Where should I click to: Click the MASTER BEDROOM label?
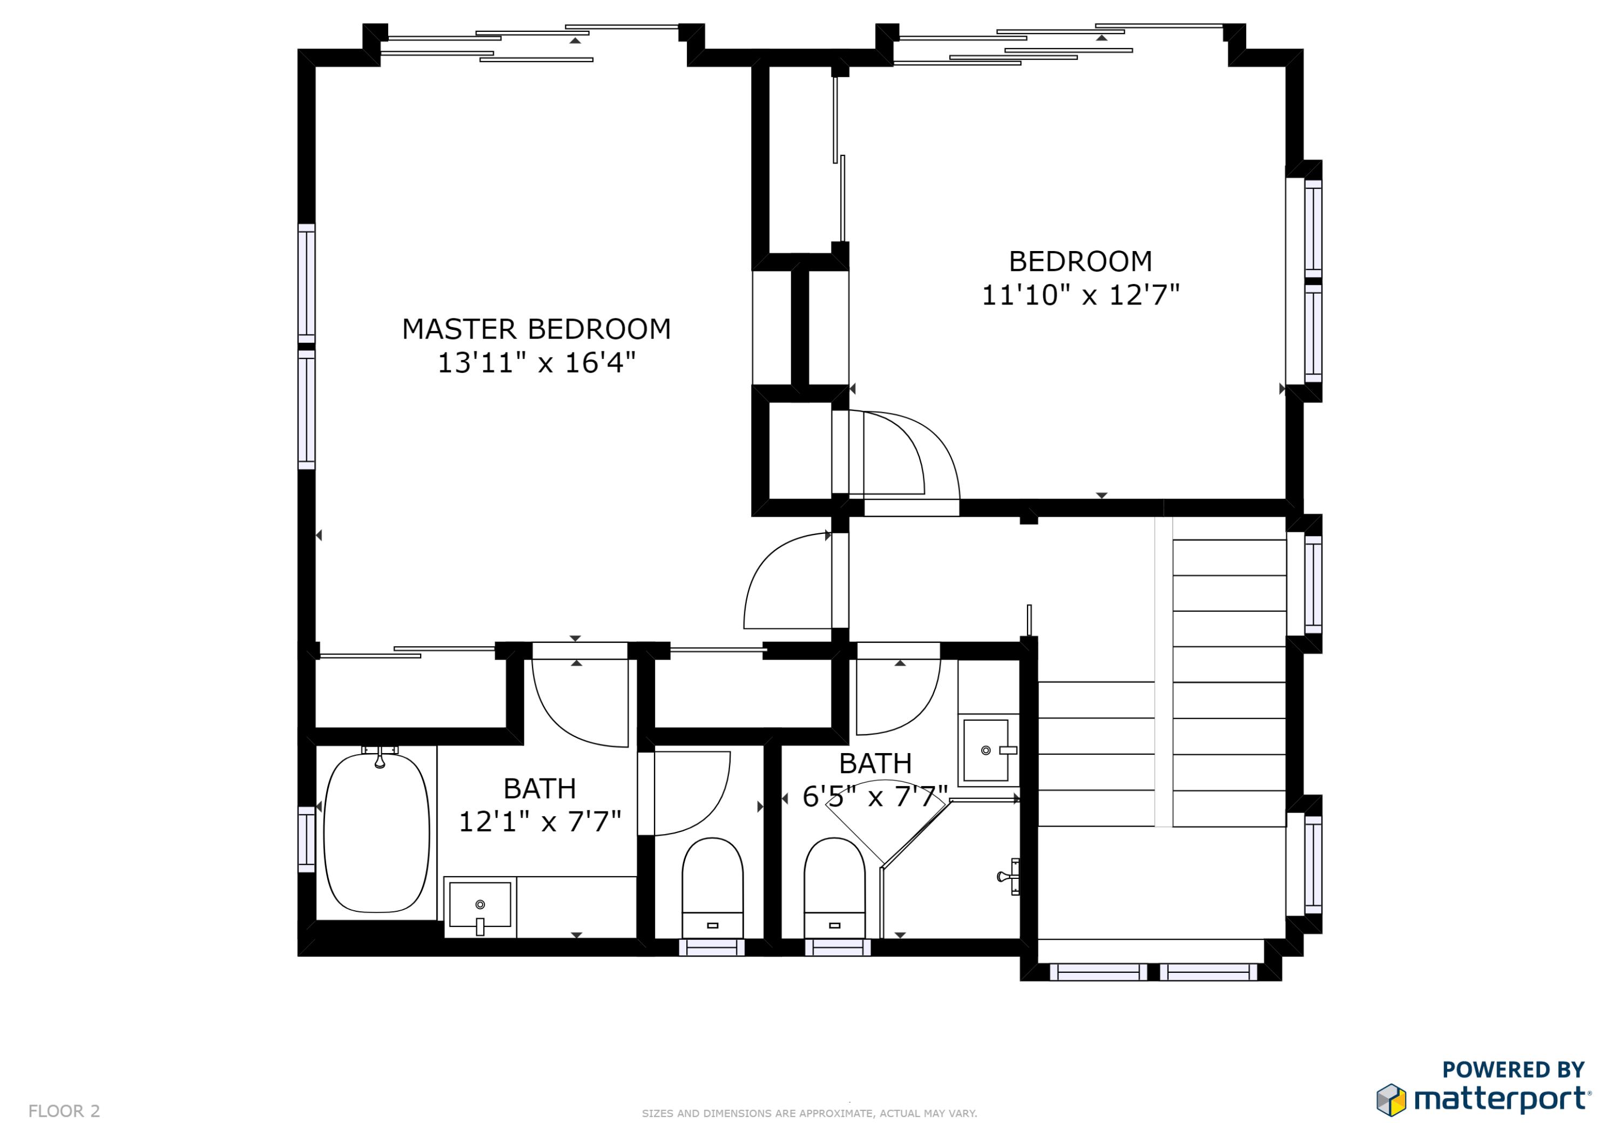pos(536,329)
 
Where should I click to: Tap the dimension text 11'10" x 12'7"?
pos(1080,295)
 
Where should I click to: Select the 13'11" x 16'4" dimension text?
pos(536,363)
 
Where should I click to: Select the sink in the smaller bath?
pos(986,750)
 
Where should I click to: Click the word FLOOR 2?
pos(64,1111)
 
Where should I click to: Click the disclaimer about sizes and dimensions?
pos(809,1113)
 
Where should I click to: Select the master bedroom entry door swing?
pos(787,582)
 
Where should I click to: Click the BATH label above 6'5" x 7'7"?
pos(876,763)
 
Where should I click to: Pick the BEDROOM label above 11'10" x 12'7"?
pos(1080,262)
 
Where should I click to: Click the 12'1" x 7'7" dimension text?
pos(540,822)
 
